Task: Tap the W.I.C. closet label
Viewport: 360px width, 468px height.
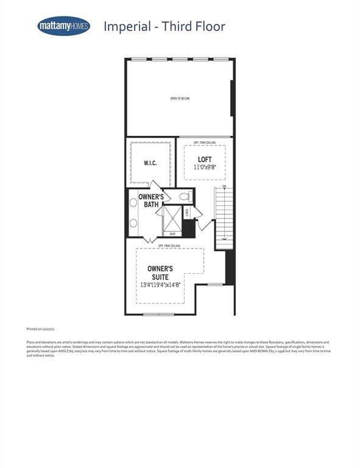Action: (x=150, y=163)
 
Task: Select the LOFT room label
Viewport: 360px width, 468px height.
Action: (x=205, y=160)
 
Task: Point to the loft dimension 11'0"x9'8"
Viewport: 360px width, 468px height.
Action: (x=205, y=168)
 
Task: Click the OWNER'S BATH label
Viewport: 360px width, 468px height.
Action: (x=150, y=201)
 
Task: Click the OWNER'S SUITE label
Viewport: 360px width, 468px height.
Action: (x=161, y=272)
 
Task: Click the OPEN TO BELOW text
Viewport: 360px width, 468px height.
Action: (x=180, y=98)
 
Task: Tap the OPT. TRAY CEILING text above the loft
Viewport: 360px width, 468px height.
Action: (x=205, y=142)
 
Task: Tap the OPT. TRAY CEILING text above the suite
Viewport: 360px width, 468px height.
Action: (x=169, y=246)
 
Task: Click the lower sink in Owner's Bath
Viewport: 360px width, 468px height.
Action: (x=133, y=222)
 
